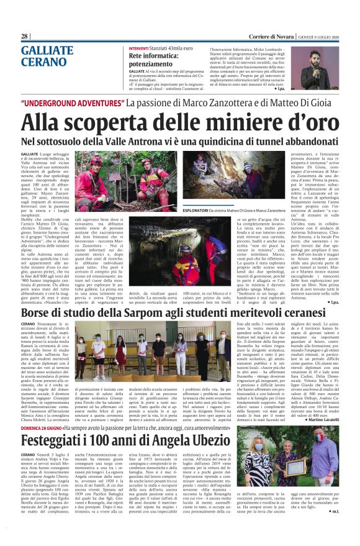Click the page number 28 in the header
[25, 36]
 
